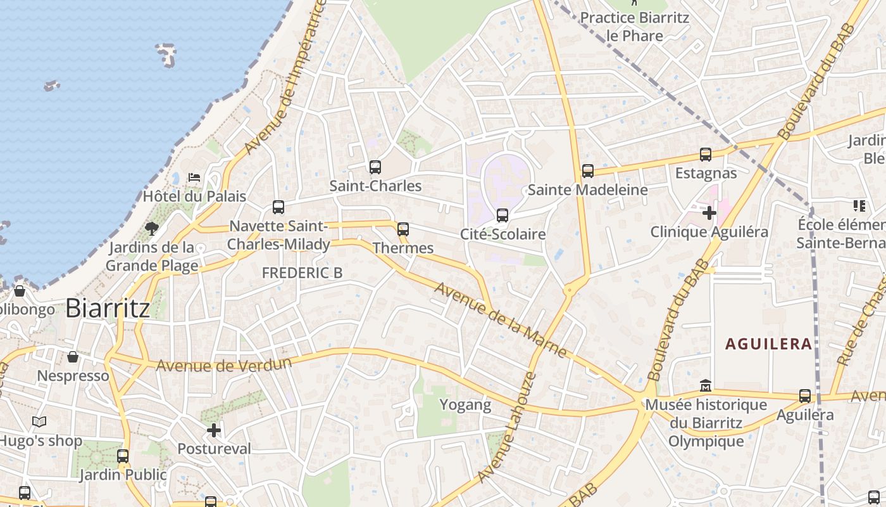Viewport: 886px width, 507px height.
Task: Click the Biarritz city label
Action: click(108, 309)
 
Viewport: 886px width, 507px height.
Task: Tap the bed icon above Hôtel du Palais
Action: click(194, 177)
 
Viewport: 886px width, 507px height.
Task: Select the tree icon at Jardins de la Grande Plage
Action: click(151, 228)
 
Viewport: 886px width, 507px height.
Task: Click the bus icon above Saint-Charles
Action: click(375, 167)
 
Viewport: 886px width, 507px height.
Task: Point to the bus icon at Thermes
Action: click(403, 229)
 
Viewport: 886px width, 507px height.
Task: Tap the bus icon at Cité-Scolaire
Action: click(502, 215)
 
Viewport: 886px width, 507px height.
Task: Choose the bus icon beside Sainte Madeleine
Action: click(588, 170)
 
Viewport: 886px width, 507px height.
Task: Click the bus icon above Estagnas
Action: click(706, 155)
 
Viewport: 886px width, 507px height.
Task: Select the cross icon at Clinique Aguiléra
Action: click(709, 213)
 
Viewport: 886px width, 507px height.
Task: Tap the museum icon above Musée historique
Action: click(706, 385)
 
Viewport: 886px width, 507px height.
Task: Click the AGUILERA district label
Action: click(768, 344)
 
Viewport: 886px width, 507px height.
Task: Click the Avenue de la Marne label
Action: click(500, 320)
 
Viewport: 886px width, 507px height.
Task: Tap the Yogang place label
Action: click(465, 405)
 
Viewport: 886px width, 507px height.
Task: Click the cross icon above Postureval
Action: click(214, 431)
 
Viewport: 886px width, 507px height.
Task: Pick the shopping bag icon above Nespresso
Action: click(73, 357)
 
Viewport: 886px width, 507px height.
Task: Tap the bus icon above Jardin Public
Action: click(123, 456)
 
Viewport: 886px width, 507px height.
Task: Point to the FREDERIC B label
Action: click(302, 273)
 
